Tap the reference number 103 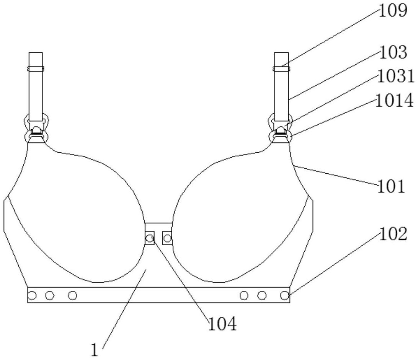click(393, 53)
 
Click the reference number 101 click(391, 187)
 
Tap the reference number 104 click(222, 325)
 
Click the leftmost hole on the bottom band click(32, 295)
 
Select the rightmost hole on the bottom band click(284, 295)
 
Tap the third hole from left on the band click(72, 295)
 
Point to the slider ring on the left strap click(36, 69)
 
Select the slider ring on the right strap click(281, 69)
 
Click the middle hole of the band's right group click(262, 295)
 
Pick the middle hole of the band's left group click(49, 295)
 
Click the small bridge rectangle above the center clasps click(158, 226)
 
